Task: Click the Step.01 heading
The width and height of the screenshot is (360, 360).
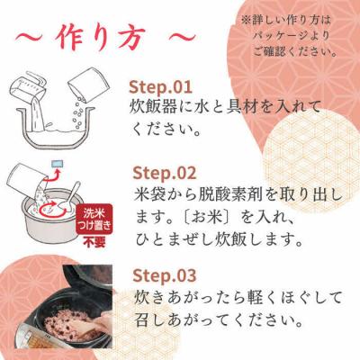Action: tap(161, 88)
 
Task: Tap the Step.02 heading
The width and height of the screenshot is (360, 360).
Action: tap(165, 172)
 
